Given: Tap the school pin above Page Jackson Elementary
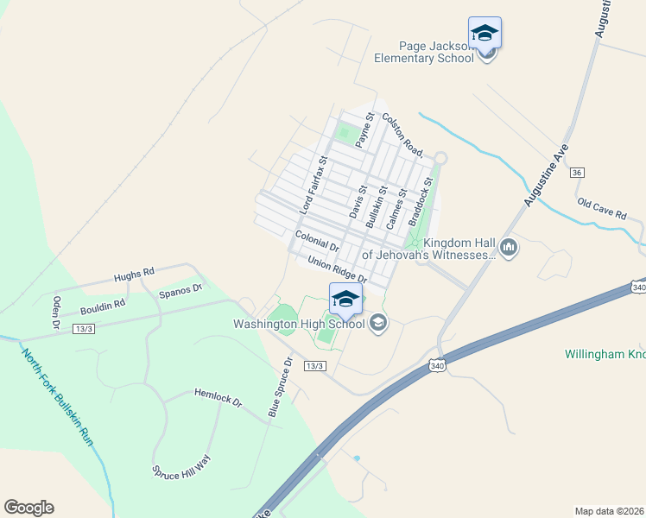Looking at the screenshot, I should pos(484,33).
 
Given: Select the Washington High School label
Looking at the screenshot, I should pos(299,325).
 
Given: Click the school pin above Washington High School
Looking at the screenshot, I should pos(345,299).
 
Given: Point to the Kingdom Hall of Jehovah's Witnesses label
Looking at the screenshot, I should pos(428,249).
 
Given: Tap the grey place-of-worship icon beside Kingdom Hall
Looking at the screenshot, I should pos(509,249).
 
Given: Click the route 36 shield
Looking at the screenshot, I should pos(577,173).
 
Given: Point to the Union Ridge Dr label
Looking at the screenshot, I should pos(338,269).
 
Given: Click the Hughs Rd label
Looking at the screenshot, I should pos(134,275).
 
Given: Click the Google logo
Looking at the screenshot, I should pos(28,508).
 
